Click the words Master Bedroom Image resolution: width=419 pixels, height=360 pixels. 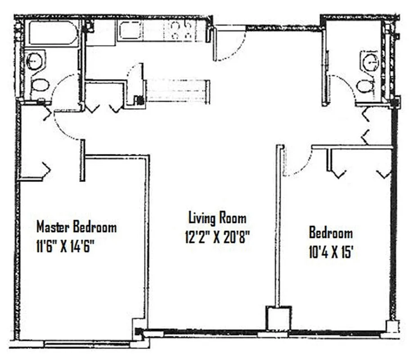tap(76, 226)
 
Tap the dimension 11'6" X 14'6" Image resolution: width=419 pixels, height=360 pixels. tap(68, 247)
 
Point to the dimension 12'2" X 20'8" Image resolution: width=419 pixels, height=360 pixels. tap(217, 237)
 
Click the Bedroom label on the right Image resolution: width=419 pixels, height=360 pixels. tap(330, 233)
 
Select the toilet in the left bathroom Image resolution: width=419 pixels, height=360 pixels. tap(40, 85)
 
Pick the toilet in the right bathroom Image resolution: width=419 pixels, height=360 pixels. tap(365, 85)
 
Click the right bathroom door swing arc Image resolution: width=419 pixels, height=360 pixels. tap(344, 85)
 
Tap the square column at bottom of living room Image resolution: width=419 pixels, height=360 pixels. tap(278, 318)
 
